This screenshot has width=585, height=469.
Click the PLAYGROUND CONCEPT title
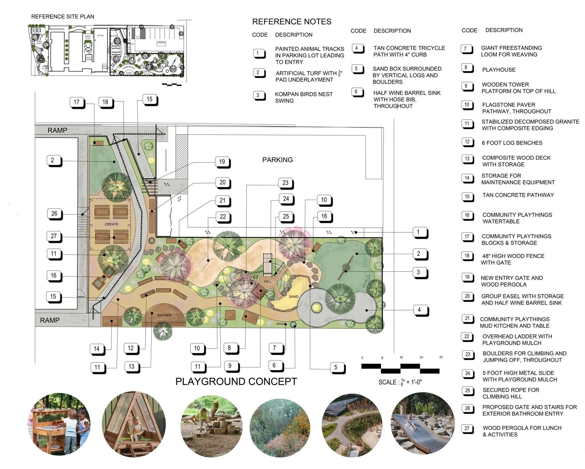pyautogui.click(x=236, y=382)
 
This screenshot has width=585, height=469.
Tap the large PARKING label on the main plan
pyautogui.click(x=277, y=160)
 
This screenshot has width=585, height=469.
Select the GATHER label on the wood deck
pyautogui.click(x=164, y=315)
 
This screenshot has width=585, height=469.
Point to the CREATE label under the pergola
pyautogui.click(x=111, y=224)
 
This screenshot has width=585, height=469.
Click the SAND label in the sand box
pyautogui.click(x=293, y=297)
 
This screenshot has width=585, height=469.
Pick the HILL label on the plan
pyautogui.click(x=268, y=281)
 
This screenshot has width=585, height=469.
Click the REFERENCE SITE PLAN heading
pyautogui.click(x=63, y=17)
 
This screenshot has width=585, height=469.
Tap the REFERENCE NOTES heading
pyautogui.click(x=292, y=22)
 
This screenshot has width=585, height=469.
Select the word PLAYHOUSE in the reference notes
pyautogui.click(x=499, y=70)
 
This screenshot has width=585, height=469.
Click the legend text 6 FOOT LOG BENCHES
pyautogui.click(x=512, y=143)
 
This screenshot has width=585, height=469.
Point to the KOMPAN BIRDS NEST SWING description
pyautogui.click(x=304, y=97)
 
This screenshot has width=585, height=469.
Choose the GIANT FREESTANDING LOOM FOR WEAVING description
pyautogui.click(x=511, y=51)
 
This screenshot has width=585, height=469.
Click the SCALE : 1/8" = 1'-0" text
pyautogui.click(x=400, y=382)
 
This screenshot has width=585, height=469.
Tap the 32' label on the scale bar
pyautogui.click(x=441, y=357)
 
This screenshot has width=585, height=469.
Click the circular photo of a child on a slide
pyautogui.click(x=422, y=423)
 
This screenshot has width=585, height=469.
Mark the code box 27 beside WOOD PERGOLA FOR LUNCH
pyautogui.click(x=467, y=428)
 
